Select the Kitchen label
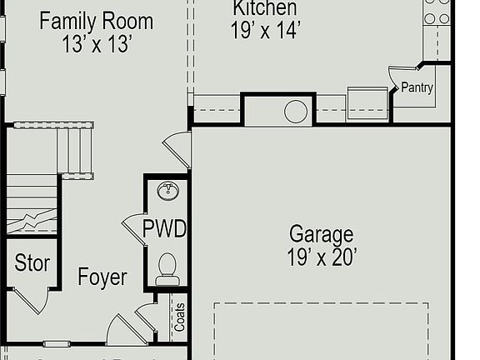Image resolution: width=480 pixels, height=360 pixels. tap(264, 8)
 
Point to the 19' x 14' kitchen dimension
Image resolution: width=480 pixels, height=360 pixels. tap(264, 31)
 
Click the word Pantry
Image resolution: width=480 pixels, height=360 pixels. tap(417, 87)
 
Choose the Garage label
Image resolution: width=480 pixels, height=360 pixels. tap(321, 234)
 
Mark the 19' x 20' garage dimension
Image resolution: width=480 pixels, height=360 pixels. tap(322, 257)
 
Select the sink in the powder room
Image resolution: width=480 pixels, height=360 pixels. tap(168, 192)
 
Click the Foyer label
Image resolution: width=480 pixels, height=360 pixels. tap(102, 277)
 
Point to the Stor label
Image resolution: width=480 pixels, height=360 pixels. tap(32, 264)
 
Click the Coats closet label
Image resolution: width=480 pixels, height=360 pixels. tap(178, 317)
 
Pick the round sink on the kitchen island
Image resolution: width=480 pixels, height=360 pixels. tap(296, 112)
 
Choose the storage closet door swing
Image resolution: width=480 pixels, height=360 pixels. tap(30, 300)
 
